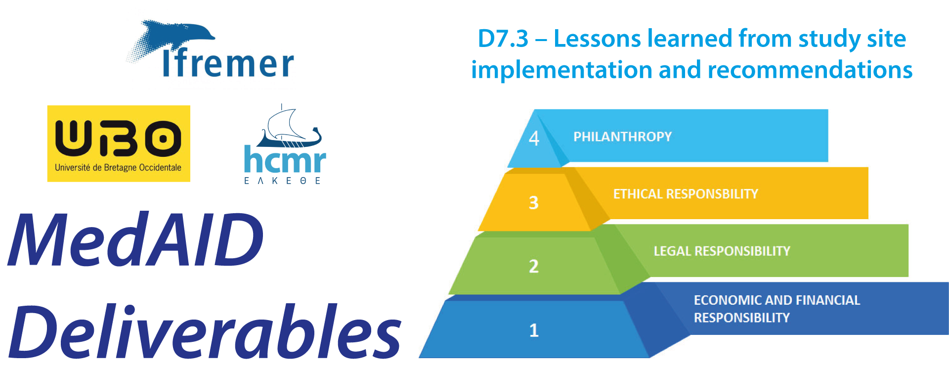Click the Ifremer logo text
tap(228, 63)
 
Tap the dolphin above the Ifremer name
tap(173, 37)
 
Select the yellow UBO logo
tap(119, 143)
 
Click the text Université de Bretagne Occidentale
tap(118, 168)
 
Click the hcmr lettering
tap(285, 159)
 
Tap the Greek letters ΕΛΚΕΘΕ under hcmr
tap(283, 181)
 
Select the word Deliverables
tap(205, 330)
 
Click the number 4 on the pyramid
tap(534, 138)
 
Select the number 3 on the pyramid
tap(534, 202)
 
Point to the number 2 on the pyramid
tap(534, 266)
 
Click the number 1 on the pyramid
tap(534, 330)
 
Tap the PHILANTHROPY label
tap(623, 137)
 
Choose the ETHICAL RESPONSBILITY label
tap(686, 194)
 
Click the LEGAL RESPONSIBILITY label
tap(722, 251)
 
